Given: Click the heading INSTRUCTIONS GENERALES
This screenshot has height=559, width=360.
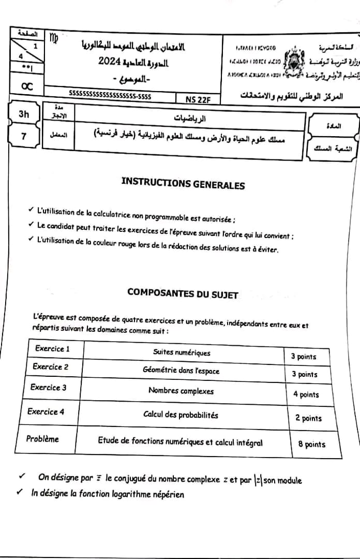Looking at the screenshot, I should tap(183, 183).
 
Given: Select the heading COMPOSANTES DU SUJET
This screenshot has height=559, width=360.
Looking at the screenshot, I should tap(183, 293).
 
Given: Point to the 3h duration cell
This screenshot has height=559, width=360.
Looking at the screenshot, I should tap(24, 115).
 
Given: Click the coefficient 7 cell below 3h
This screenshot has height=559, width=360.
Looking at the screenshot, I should tap(24, 136).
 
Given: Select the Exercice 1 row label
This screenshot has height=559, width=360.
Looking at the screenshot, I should tap(52, 348).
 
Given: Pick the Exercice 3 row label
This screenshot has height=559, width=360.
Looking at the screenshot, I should tap(48, 387).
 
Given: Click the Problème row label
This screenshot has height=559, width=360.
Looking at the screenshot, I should tap(42, 439).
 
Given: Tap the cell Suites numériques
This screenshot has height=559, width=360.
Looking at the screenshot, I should tap(182, 352).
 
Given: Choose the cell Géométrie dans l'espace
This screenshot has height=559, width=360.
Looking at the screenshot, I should tap(181, 371).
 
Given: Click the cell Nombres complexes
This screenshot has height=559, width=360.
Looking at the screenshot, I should tap(181, 391).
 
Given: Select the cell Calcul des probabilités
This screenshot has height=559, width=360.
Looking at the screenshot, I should tap(181, 415).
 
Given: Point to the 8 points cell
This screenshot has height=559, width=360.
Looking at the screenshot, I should tap(312, 444).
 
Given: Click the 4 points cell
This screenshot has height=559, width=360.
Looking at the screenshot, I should tap(306, 394).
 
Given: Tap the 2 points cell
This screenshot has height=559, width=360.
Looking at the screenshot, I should tap(308, 418).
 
